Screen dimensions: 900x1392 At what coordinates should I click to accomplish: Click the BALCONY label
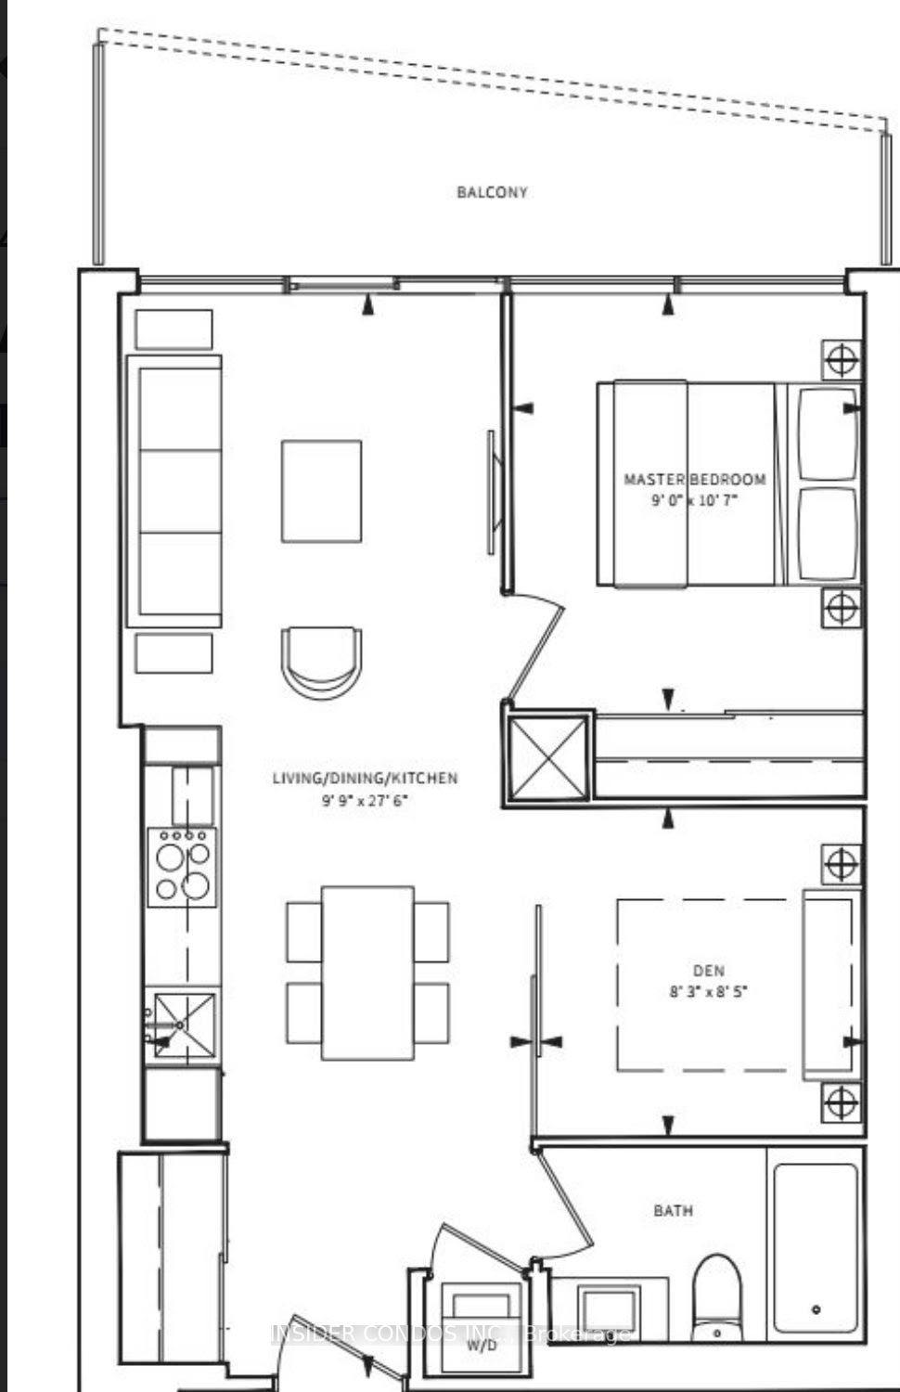click(x=492, y=192)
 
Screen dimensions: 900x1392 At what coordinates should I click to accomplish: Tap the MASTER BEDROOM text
click(x=694, y=479)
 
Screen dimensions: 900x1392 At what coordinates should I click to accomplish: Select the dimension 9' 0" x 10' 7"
click(x=694, y=500)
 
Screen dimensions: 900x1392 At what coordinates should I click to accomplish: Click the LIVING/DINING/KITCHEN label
click(x=366, y=778)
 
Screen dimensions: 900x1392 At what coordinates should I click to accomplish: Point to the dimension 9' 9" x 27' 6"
click(x=366, y=800)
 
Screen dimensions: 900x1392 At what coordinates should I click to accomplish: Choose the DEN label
click(x=709, y=970)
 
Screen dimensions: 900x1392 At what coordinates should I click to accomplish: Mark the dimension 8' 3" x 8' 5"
click(x=709, y=991)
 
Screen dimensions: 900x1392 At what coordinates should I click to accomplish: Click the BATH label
click(x=674, y=1210)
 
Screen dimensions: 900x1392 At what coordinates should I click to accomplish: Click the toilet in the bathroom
click(x=717, y=1300)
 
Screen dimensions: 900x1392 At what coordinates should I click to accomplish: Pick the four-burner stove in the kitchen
click(x=183, y=867)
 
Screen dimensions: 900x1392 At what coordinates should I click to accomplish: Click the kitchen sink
click(x=185, y=1025)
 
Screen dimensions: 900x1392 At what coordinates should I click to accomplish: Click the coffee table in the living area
click(x=321, y=492)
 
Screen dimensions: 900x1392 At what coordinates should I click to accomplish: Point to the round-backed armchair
click(x=321, y=663)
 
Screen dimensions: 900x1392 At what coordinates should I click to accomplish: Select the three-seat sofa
click(x=174, y=492)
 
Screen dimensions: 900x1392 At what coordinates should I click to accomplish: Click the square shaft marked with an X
click(x=547, y=757)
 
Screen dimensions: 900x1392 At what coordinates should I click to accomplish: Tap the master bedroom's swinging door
click(x=535, y=646)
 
